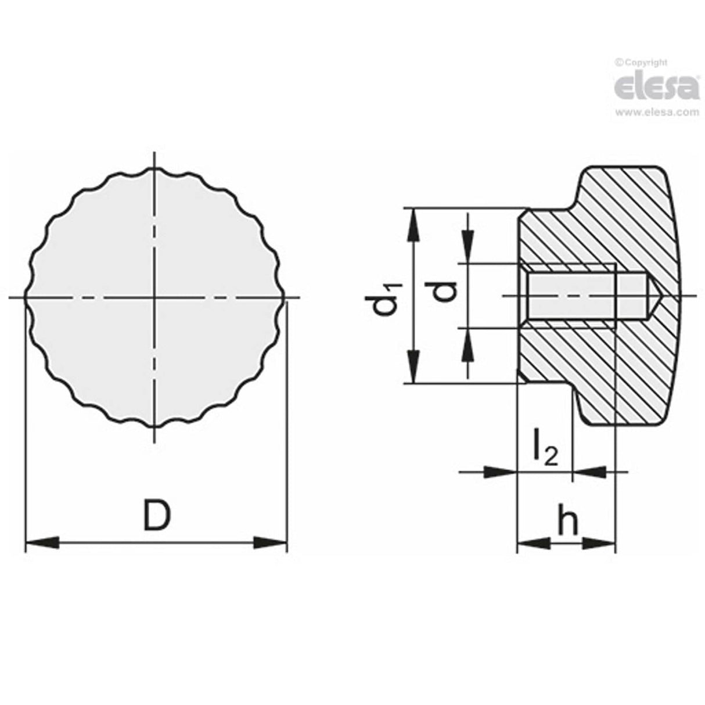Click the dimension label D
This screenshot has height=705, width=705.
[157, 516]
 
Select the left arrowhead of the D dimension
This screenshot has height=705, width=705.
[43, 544]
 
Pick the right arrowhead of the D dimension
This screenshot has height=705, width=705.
[271, 544]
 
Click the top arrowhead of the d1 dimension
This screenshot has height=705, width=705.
[413, 224]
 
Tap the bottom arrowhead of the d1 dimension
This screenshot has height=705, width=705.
[413, 366]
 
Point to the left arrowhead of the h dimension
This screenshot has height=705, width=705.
[533, 544]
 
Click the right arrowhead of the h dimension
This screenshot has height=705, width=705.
[598, 544]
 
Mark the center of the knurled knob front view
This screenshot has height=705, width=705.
[155, 298]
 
